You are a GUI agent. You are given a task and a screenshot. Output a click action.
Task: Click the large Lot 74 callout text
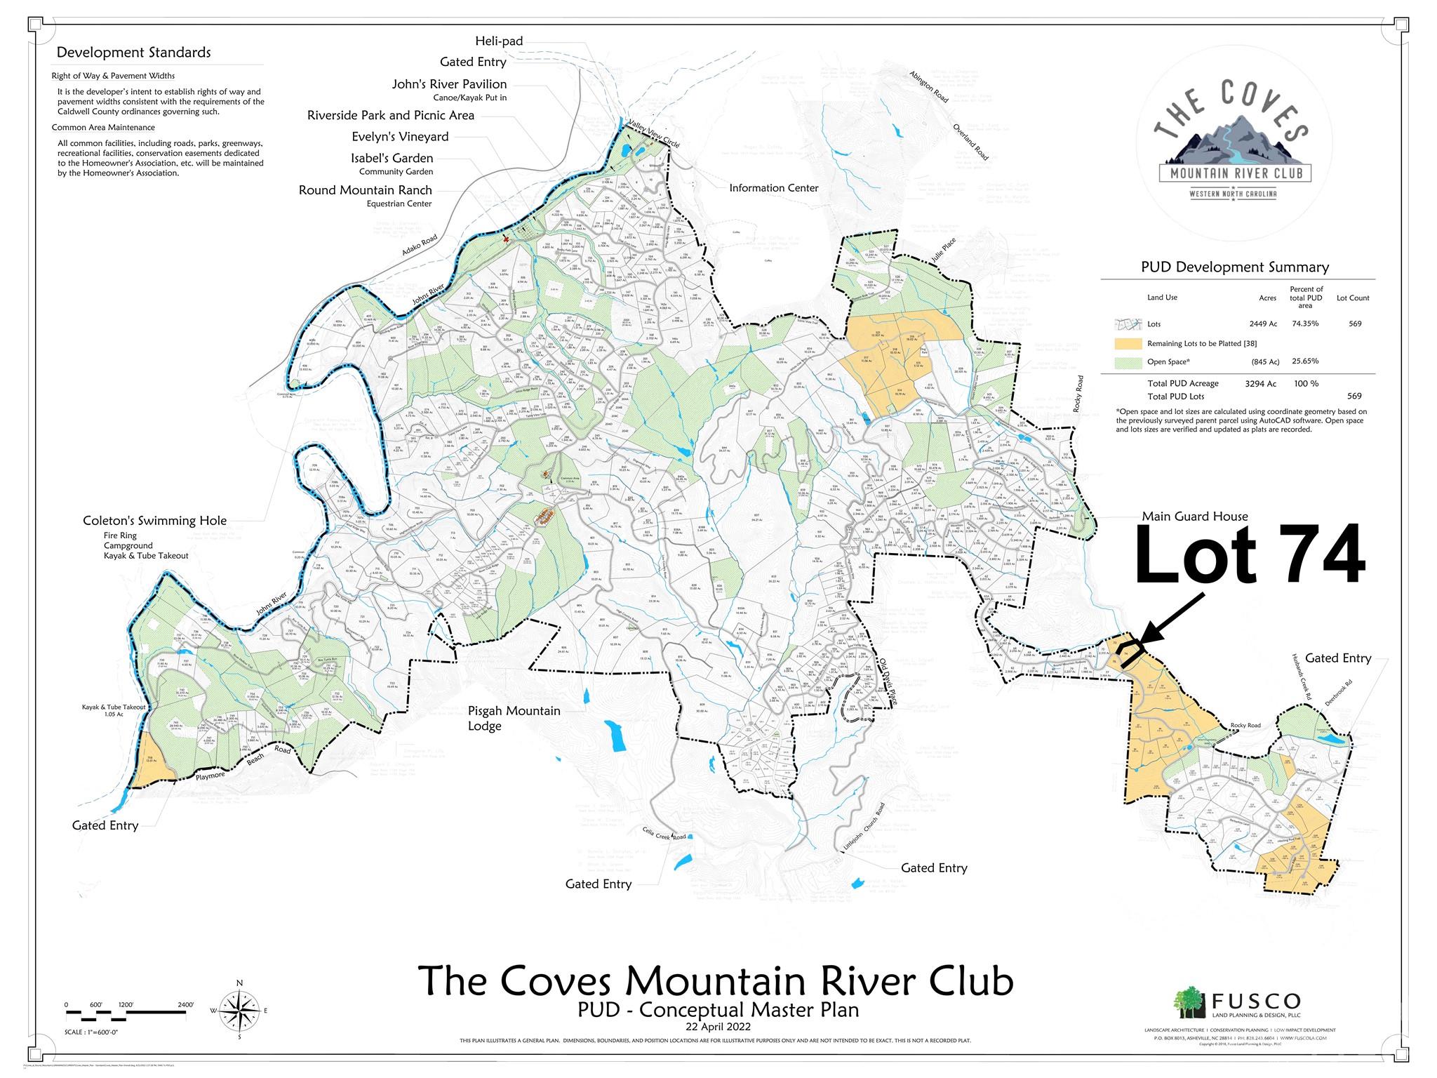(1250, 556)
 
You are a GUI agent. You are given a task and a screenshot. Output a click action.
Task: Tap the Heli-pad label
(499, 41)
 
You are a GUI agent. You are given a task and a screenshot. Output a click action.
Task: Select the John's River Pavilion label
(449, 84)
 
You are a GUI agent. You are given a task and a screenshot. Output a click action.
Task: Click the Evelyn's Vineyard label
(400, 137)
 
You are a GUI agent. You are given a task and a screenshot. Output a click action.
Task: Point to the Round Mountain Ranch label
(365, 190)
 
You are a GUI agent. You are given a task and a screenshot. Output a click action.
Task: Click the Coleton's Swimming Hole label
(154, 521)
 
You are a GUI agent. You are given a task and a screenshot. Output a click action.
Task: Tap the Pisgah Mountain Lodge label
(514, 718)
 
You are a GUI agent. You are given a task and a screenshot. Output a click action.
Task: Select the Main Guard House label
(1195, 517)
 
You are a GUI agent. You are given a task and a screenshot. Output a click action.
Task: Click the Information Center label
(773, 188)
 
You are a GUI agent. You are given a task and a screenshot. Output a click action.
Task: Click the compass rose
(239, 1011)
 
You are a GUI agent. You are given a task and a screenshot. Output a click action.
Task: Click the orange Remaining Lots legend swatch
(1128, 344)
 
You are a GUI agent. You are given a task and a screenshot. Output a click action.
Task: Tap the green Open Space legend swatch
(1128, 362)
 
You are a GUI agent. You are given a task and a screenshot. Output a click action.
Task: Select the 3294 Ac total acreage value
(1260, 384)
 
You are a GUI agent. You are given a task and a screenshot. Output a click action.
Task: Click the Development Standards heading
(133, 53)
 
